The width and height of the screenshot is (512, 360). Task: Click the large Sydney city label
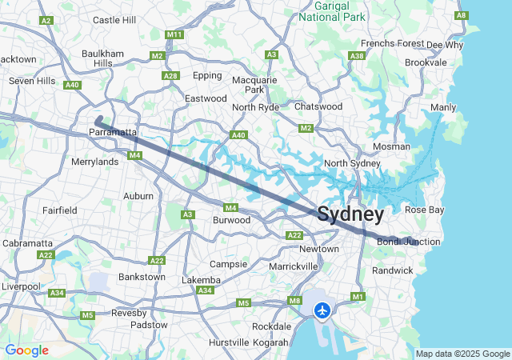click(x=350, y=214)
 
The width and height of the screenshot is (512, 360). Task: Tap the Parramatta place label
click(x=114, y=132)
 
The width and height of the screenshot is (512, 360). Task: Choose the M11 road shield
click(x=174, y=35)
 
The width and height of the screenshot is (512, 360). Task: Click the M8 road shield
click(x=294, y=301)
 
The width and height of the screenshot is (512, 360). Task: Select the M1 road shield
click(x=358, y=297)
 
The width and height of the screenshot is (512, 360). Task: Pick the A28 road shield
click(x=170, y=75)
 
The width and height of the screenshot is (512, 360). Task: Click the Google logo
click(x=26, y=350)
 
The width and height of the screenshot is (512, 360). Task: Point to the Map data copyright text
click(x=462, y=354)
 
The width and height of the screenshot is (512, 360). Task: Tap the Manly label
click(x=443, y=107)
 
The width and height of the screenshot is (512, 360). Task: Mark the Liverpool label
click(x=20, y=286)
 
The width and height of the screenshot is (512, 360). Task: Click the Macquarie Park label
click(x=254, y=85)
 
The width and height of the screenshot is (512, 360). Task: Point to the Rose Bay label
click(x=424, y=210)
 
